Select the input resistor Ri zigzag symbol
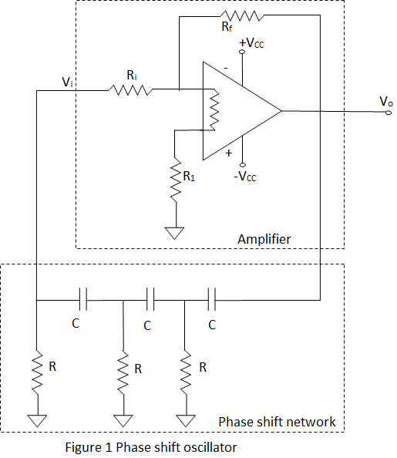coord(132,90)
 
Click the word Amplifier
coord(264,239)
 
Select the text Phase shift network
coord(277,421)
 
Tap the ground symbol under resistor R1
coord(177,232)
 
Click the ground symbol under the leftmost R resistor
coord(36,420)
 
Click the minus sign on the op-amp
coord(226,68)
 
